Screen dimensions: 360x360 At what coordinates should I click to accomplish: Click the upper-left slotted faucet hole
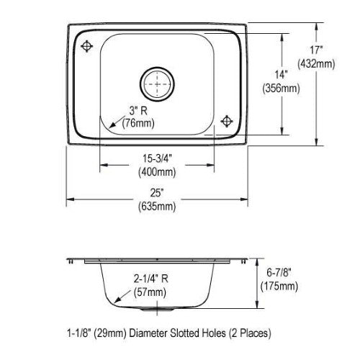click(x=86, y=46)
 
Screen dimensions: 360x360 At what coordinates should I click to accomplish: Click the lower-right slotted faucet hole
click(x=227, y=121)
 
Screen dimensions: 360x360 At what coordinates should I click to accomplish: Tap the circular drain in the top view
click(x=157, y=84)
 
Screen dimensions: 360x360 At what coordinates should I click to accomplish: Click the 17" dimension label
click(x=315, y=50)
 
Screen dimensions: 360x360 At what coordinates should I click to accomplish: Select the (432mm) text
click(x=316, y=64)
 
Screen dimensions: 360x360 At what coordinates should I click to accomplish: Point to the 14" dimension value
click(x=281, y=75)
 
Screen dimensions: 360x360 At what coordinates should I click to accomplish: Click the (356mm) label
click(x=281, y=89)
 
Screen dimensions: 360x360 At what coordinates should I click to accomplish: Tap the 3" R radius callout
click(x=138, y=111)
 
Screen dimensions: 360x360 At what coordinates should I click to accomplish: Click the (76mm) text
click(x=138, y=123)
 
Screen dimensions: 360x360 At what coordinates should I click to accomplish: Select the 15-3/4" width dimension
click(x=158, y=158)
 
